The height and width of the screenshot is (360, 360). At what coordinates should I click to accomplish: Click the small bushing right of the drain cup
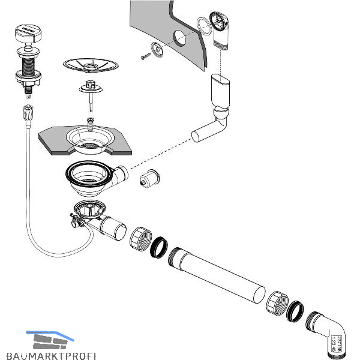148,179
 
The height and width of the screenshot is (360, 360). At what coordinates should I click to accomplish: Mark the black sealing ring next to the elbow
295,311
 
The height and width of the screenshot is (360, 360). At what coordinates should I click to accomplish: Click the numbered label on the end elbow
337,344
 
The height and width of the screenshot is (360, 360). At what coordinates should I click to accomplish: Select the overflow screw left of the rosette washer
146,57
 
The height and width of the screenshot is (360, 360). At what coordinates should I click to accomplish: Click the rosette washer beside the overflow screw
158,51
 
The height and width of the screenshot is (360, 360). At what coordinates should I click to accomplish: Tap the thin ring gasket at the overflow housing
203,25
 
